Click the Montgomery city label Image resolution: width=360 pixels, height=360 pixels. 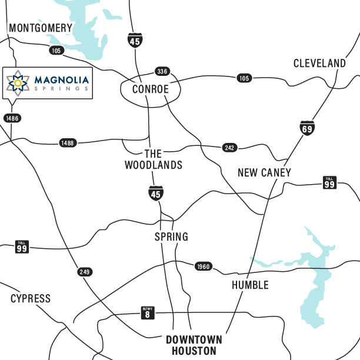[x=41, y=28]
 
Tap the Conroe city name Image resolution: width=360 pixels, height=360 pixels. [x=150, y=89]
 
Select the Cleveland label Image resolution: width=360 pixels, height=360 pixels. [x=319, y=63]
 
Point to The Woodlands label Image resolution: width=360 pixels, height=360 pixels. [x=153, y=159]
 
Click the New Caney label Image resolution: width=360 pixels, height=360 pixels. [x=264, y=172]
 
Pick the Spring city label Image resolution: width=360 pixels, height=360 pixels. [x=171, y=237]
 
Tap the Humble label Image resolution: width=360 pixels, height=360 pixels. [x=250, y=285]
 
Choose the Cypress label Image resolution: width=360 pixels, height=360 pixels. [x=31, y=299]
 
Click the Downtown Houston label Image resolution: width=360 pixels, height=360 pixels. [x=194, y=345]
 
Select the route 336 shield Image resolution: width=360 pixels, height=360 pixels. [x=162, y=71]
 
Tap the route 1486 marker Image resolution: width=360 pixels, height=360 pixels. [x=12, y=118]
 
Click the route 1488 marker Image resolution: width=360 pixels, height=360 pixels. [x=68, y=143]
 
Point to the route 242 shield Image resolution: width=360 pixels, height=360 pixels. [x=230, y=148]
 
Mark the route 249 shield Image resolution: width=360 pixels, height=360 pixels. [x=85, y=272]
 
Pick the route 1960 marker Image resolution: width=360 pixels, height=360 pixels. [x=204, y=266]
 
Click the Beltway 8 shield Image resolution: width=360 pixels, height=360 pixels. [x=148, y=312]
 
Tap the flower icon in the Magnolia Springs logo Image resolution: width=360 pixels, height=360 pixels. [x=18, y=83]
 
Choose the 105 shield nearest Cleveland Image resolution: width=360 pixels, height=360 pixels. [x=244, y=78]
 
